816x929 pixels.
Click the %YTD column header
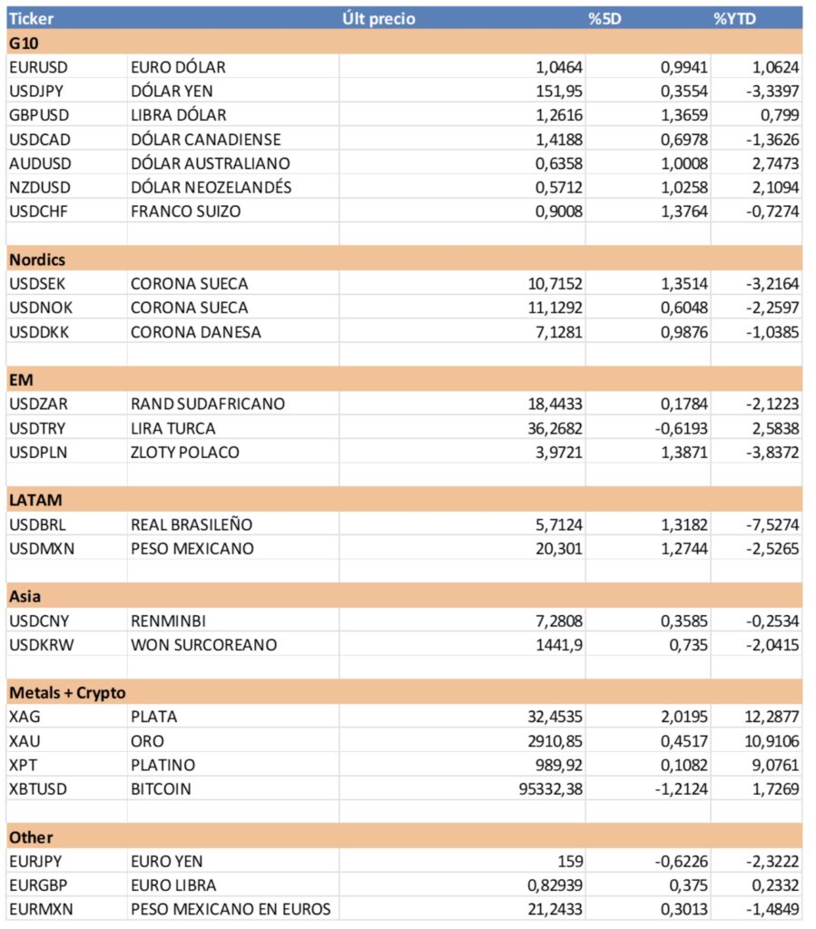click(x=734, y=18)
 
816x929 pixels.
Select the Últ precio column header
click(x=379, y=18)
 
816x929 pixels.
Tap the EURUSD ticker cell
click(x=38, y=67)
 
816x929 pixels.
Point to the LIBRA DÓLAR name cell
click(x=179, y=115)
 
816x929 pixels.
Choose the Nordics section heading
click(x=37, y=259)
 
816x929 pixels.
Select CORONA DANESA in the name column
click(x=196, y=332)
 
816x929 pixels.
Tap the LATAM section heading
click(x=35, y=500)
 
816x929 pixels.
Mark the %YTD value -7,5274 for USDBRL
click(x=772, y=524)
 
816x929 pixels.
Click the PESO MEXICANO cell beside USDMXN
click(x=192, y=549)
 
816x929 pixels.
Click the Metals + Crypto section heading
click(x=67, y=693)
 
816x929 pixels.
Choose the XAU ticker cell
click(x=24, y=741)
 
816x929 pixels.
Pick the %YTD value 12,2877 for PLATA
click(x=772, y=717)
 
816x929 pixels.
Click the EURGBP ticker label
click(x=38, y=885)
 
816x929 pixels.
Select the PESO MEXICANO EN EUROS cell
click(x=231, y=909)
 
